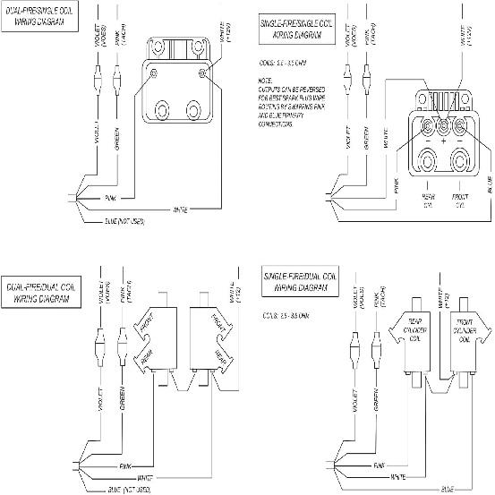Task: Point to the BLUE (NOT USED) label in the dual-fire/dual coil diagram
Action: coord(120,489)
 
